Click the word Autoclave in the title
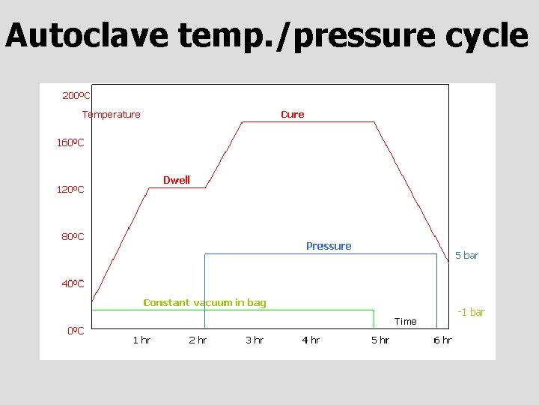pyautogui.click(x=87, y=36)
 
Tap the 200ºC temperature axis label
pyautogui.click(x=76, y=96)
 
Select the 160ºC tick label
pyautogui.click(x=70, y=142)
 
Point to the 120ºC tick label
pyautogui.click(x=70, y=190)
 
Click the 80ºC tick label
pyautogui.click(x=73, y=237)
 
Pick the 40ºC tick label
pyautogui.click(x=73, y=284)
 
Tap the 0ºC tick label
pyautogui.click(x=75, y=331)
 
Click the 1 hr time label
pyautogui.click(x=141, y=340)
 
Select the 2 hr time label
pyautogui.click(x=198, y=340)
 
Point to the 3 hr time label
pyautogui.click(x=255, y=340)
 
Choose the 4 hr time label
pyautogui.click(x=311, y=340)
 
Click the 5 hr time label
pyautogui.click(x=380, y=340)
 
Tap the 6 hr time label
pyautogui.click(x=442, y=340)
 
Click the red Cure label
pyautogui.click(x=292, y=115)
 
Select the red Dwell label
pyautogui.click(x=177, y=180)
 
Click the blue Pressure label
pyautogui.click(x=329, y=246)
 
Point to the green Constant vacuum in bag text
pyautogui.click(x=204, y=303)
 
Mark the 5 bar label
pyautogui.click(x=466, y=256)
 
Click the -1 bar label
pyautogui.click(x=471, y=312)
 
